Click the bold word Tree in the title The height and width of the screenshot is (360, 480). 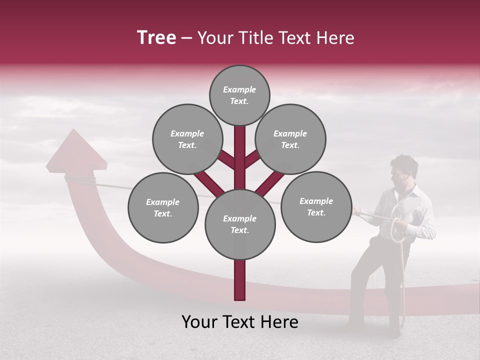(x=156, y=38)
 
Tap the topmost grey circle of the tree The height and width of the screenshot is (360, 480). (x=239, y=95)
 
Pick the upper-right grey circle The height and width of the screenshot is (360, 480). (x=290, y=139)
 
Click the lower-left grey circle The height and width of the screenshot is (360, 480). (x=163, y=207)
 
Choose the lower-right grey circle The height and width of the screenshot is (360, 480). (x=316, y=206)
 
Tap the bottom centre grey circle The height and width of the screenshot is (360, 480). (x=240, y=224)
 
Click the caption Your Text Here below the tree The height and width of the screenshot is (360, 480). (x=240, y=322)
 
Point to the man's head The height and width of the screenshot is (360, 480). (x=404, y=170)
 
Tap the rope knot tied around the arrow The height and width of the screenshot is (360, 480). (x=80, y=179)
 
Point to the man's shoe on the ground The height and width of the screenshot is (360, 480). (x=395, y=330)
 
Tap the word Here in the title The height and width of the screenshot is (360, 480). (x=335, y=38)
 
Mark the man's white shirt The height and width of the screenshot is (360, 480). (x=415, y=210)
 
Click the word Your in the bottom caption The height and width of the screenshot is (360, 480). (x=200, y=322)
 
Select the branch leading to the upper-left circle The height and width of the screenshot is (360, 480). (x=226, y=159)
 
